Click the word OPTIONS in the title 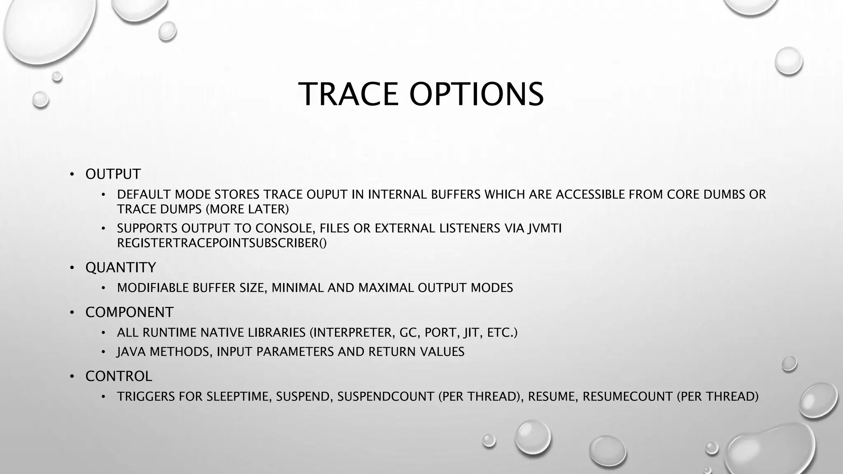click(x=476, y=94)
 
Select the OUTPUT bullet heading click(x=113, y=174)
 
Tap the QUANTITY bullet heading click(x=121, y=267)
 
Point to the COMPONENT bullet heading click(x=129, y=312)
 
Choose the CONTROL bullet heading click(x=119, y=376)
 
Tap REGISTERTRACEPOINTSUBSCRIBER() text click(x=221, y=243)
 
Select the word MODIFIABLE click(x=153, y=288)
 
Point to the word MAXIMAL click(x=386, y=288)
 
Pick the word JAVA click(x=131, y=352)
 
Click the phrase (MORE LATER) click(x=247, y=209)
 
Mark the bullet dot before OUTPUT click(x=72, y=174)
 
